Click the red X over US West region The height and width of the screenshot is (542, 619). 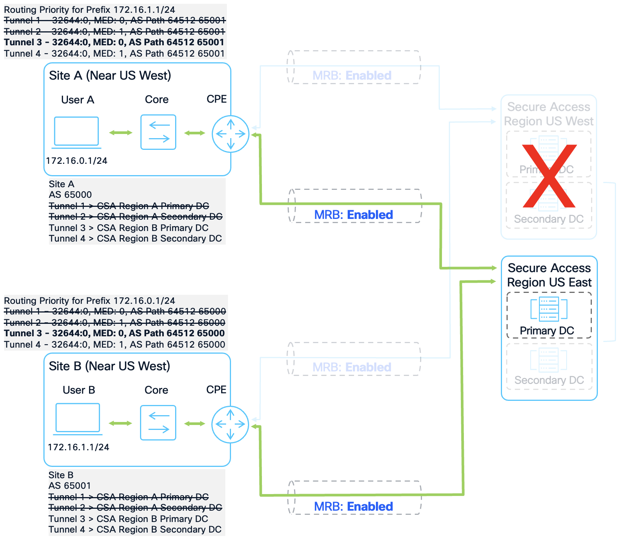pyautogui.click(x=549, y=176)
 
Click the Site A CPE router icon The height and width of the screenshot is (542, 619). pyautogui.click(x=231, y=134)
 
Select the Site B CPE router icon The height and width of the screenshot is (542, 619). pyautogui.click(x=230, y=424)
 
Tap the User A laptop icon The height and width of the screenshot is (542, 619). pyautogui.click(x=77, y=132)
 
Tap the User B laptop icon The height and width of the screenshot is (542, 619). pyautogui.click(x=78, y=418)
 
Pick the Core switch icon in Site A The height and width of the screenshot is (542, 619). pyautogui.click(x=158, y=132)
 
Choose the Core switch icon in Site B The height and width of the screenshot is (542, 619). pyautogui.click(x=158, y=423)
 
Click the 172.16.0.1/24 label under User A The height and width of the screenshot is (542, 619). pyautogui.click(x=77, y=161)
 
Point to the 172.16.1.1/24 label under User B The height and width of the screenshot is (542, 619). pyautogui.click(x=79, y=447)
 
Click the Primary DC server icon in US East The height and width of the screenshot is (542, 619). pyautogui.click(x=549, y=309)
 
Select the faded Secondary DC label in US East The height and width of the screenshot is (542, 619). pyautogui.click(x=549, y=380)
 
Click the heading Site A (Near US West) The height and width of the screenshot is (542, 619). pyautogui.click(x=110, y=75)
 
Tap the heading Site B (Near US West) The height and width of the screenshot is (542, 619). pyautogui.click(x=109, y=366)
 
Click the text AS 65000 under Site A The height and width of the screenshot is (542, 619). pyautogui.click(x=70, y=195)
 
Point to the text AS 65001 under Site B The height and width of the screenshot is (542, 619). pyautogui.click(x=70, y=486)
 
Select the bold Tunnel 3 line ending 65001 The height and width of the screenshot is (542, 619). pyautogui.click(x=114, y=42)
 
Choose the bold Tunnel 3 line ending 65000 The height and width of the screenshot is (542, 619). pyautogui.click(x=114, y=333)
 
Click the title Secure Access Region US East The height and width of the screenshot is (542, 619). pyautogui.click(x=549, y=275)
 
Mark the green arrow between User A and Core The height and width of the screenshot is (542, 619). pyautogui.click(x=121, y=132)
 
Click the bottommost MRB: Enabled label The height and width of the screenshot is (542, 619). pyautogui.click(x=353, y=507)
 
